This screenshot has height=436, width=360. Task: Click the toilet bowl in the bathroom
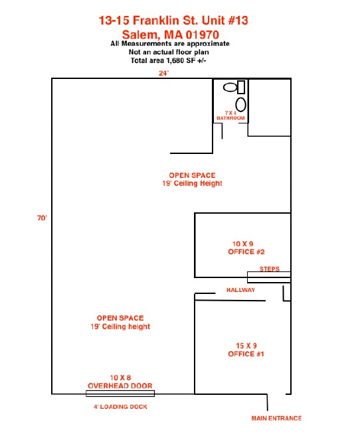(x=230, y=88)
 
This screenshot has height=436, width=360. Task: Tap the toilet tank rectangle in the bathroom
(x=241, y=87)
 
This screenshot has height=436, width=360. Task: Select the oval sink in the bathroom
(x=240, y=105)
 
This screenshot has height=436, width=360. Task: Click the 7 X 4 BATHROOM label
(x=230, y=115)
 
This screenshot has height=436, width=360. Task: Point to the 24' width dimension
(x=163, y=73)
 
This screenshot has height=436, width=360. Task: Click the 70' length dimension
(x=42, y=218)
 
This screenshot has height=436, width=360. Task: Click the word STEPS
(x=269, y=269)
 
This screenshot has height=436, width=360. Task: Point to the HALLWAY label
(x=240, y=290)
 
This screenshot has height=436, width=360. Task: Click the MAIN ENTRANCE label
(x=276, y=418)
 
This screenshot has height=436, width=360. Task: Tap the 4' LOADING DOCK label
(x=120, y=407)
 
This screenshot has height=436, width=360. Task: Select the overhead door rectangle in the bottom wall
(x=120, y=393)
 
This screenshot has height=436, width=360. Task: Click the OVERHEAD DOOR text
(x=120, y=386)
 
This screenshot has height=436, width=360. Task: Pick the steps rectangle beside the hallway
(x=269, y=277)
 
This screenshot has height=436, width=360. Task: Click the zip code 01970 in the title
(x=203, y=35)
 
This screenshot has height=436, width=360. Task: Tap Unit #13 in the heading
(x=225, y=21)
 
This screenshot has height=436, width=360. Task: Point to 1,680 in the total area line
(x=175, y=60)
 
